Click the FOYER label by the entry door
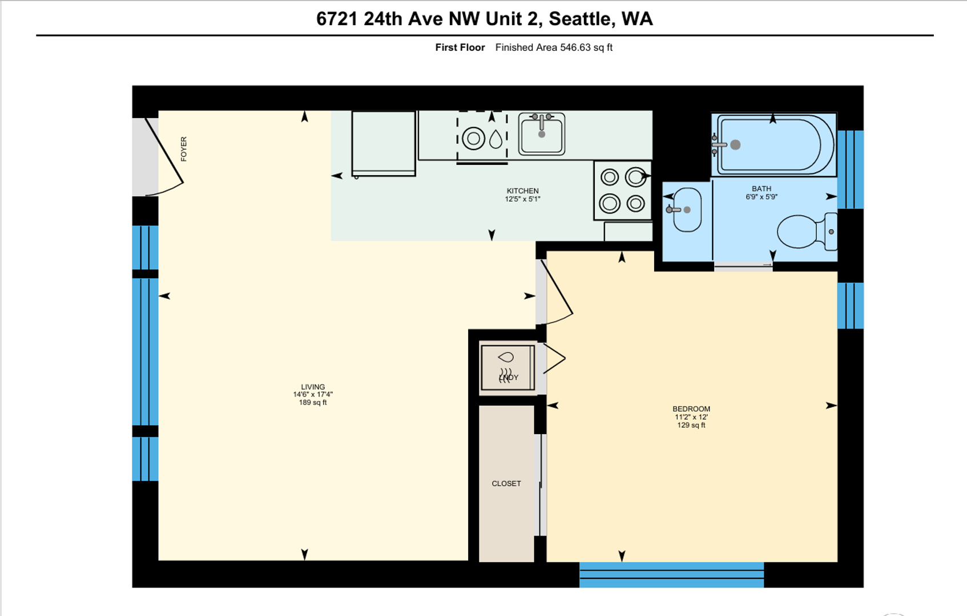(184, 149)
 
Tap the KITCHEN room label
(522, 191)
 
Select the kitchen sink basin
(541, 133)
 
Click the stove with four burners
(623, 191)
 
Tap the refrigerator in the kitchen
(384, 144)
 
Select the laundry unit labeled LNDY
(507, 368)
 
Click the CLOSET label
(506, 484)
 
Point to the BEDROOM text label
(691, 409)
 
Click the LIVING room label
(313, 387)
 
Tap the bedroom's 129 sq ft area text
(691, 425)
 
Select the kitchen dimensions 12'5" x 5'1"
(522, 199)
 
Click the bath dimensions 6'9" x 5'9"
(761, 197)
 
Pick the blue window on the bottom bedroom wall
(671, 574)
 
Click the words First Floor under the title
(460, 47)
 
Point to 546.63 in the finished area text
(575, 47)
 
